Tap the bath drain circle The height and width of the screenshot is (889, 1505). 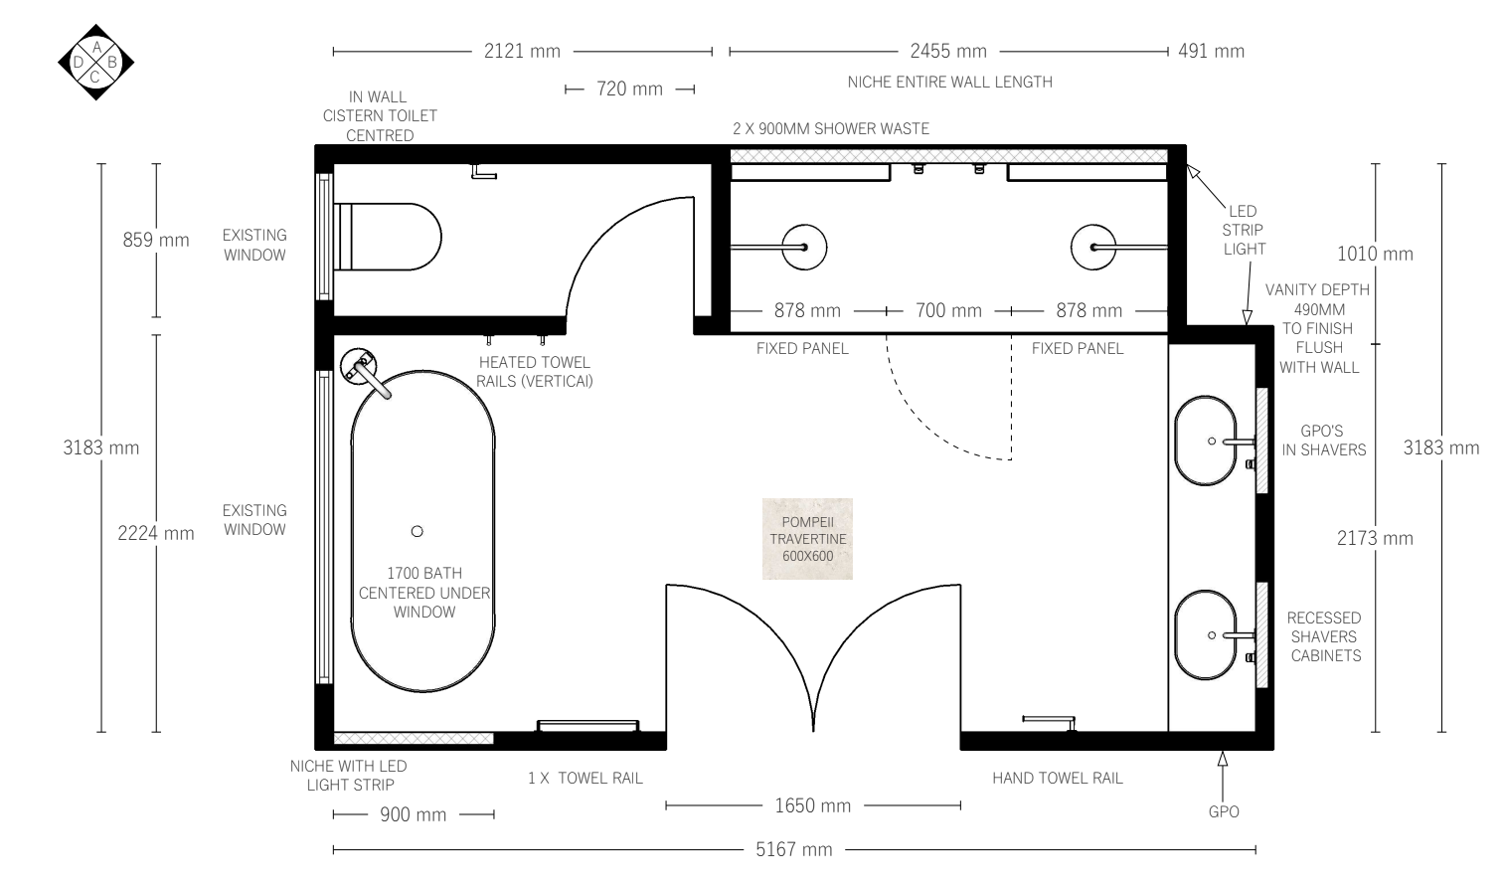point(418,532)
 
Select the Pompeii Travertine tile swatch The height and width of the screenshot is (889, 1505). point(807,539)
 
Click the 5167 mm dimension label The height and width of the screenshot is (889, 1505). point(794,849)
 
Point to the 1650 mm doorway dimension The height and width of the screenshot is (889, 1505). point(813,805)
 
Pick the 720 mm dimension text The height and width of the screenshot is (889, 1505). point(629,89)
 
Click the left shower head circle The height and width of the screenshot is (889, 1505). point(804,248)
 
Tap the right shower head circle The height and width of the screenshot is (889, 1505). point(1093,248)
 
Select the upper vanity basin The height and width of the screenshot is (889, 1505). point(1206,441)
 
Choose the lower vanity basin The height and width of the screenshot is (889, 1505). point(1206,635)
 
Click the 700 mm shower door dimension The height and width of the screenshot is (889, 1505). point(948,310)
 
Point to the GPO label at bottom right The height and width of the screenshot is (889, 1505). point(1224,811)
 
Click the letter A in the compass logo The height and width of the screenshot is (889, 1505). point(96,47)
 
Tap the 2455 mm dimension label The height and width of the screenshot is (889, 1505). point(948,51)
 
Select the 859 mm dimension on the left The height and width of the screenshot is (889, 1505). point(156,240)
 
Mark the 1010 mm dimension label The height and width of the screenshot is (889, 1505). point(1375,254)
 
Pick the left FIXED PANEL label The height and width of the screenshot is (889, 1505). point(802,349)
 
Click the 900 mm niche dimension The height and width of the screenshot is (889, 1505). point(414,814)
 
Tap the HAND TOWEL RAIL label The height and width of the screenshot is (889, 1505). point(1058,779)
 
